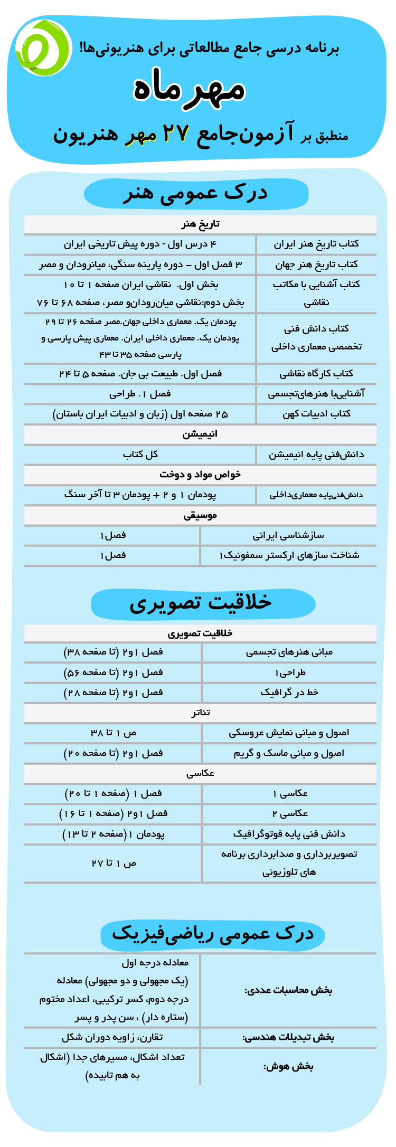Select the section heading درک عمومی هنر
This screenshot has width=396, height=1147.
[196, 194]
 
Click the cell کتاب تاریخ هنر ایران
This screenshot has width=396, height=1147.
[316, 244]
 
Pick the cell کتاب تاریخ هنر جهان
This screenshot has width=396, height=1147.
[316, 264]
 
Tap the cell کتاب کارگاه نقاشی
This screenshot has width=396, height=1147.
[316, 374]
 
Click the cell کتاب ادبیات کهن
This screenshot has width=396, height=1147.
[316, 414]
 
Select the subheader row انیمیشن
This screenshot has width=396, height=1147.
[200, 434]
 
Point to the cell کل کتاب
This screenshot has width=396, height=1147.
[140, 454]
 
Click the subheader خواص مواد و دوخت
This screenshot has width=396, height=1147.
[200, 475]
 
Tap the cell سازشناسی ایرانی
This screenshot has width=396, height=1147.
[288, 535]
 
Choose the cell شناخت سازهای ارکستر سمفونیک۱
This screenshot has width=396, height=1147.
[289, 555]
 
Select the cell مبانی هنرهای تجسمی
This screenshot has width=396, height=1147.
[289, 652]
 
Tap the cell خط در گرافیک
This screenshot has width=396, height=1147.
[289, 693]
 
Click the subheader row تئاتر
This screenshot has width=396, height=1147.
[200, 713]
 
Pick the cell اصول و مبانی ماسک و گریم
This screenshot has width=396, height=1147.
[289, 753]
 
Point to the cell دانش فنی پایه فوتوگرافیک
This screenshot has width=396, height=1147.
[289, 834]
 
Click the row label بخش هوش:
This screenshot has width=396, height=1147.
[288, 1066]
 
